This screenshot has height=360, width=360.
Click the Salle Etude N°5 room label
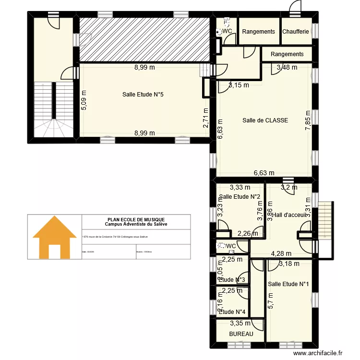[x=143, y=95]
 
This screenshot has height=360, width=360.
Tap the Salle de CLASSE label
[x=265, y=120]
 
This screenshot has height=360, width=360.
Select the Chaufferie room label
[x=296, y=32]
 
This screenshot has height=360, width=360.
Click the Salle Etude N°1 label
[x=288, y=284]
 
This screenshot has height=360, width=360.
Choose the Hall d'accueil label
[x=289, y=215]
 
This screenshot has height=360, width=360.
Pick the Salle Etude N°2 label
[x=240, y=197]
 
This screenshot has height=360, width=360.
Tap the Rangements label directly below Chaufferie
[x=287, y=54]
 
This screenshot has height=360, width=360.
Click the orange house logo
[x=54, y=237]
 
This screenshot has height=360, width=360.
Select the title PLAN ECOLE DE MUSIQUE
[x=136, y=219]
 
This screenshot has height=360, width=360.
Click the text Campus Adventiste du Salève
[x=136, y=224]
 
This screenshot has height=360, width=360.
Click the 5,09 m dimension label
[x=84, y=101]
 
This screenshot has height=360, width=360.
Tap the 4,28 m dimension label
[x=281, y=253]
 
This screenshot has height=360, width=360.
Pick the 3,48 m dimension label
[x=287, y=67]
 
